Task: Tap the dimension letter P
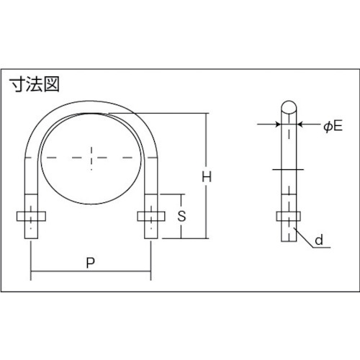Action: pos(90,264)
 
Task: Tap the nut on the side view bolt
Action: pos(287,215)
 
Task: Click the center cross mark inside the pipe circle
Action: pos(91,156)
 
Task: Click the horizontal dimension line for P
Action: pos(90,274)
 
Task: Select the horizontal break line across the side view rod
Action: pos(287,169)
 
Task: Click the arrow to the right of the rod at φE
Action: pos(302,125)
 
